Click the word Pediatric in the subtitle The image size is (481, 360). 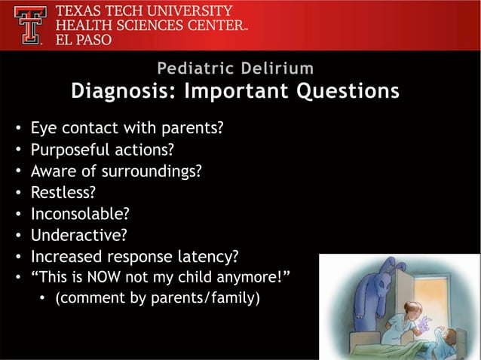click(196, 69)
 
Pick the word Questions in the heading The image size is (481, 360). click(348, 91)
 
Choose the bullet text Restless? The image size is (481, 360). click(63, 192)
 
